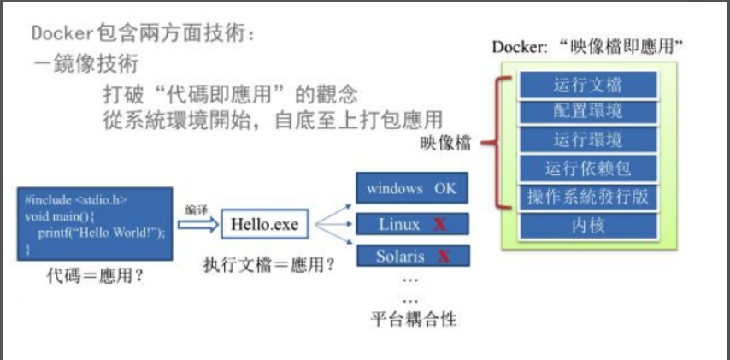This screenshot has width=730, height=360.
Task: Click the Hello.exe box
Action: (x=265, y=224)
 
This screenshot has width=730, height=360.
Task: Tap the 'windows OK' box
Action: (x=411, y=188)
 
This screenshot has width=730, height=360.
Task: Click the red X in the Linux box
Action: (x=440, y=225)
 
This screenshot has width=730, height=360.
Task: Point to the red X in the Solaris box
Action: (x=444, y=256)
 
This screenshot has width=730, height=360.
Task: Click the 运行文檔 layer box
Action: (x=587, y=85)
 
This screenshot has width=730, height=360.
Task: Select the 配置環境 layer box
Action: (x=587, y=111)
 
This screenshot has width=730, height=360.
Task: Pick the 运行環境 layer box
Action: (x=587, y=139)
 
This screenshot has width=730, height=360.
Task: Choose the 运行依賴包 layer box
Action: (x=587, y=168)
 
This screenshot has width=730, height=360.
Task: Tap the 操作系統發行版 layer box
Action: (x=587, y=196)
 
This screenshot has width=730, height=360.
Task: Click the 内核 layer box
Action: (x=587, y=226)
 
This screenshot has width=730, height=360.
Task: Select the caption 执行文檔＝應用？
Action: (x=268, y=264)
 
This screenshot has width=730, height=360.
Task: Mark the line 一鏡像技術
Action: (x=85, y=64)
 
